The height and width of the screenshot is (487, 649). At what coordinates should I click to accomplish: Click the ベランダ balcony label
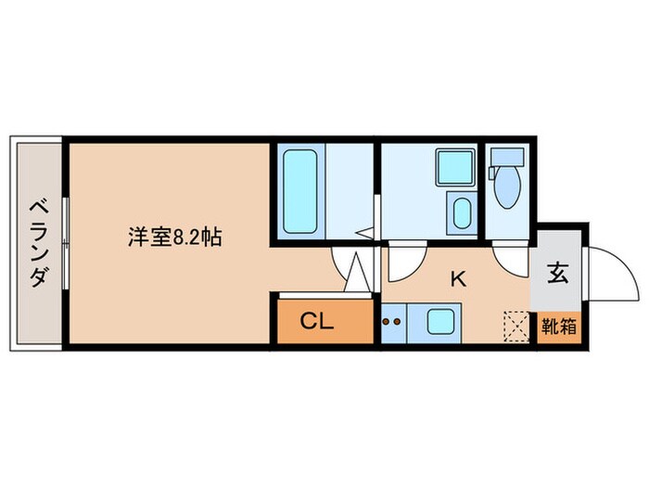[x=37, y=243]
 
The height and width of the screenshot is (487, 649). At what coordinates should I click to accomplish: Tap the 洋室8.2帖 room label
[x=174, y=237]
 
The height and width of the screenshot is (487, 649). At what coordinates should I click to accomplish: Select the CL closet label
[x=316, y=322]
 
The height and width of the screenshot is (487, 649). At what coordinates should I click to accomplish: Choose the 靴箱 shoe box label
[x=557, y=327]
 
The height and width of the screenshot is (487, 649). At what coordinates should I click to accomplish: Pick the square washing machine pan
[x=455, y=167]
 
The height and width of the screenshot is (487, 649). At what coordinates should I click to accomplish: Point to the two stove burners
[x=392, y=324]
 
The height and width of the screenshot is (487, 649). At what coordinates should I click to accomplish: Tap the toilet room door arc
[x=509, y=261]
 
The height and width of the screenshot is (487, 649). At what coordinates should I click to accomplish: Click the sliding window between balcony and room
[x=64, y=243]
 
